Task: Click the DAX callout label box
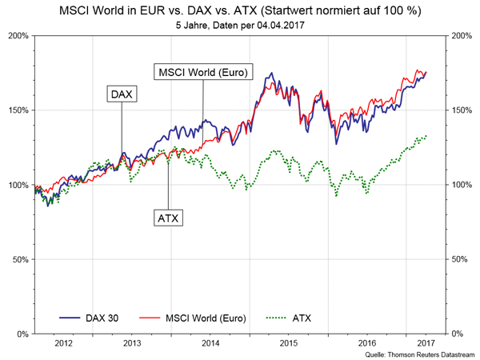tap(122, 94)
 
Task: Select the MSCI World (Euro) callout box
tap(202, 73)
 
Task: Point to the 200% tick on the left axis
tap(17, 36)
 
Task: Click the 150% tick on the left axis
tap(17, 110)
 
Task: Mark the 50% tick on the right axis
tap(462, 259)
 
